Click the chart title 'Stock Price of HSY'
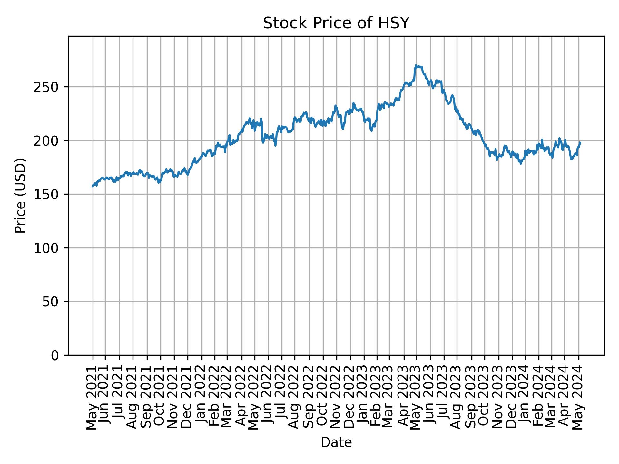point(336,24)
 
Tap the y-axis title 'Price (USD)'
point(20,196)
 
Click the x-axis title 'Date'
point(336,443)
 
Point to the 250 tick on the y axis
point(48,87)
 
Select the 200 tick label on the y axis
point(48,141)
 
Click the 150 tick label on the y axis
point(48,194)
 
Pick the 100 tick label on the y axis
point(48,248)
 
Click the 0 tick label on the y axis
point(55,355)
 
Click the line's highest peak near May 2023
point(416,65)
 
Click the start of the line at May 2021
point(93,187)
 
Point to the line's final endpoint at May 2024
point(580,142)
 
